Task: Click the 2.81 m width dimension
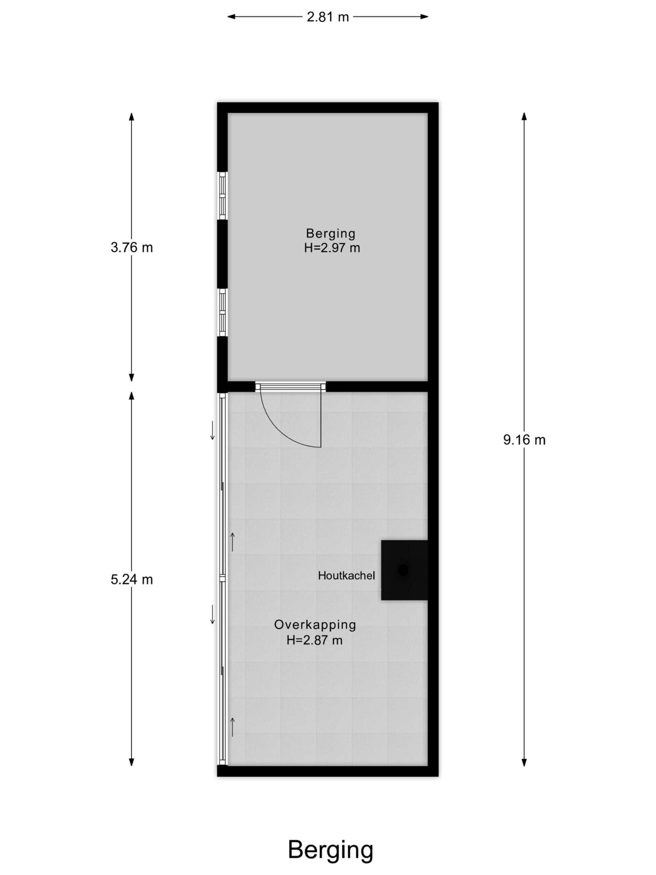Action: pos(328,17)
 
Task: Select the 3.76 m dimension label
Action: pos(132,247)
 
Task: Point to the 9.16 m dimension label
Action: pos(524,440)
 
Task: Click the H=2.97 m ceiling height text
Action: pos(332,248)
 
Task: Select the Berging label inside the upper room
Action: pos(331,234)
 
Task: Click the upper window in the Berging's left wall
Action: pos(223,196)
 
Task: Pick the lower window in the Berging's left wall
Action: pos(223,312)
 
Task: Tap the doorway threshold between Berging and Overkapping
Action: pos(291,387)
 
